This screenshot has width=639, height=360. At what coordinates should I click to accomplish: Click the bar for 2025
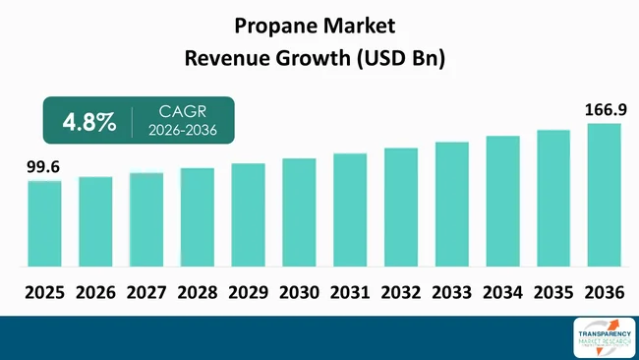pyautogui.click(x=44, y=223)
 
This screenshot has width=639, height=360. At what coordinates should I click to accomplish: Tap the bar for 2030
pyautogui.click(x=299, y=212)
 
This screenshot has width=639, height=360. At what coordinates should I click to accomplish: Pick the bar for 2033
pyautogui.click(x=451, y=204)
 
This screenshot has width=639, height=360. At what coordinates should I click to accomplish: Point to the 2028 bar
pyautogui.click(x=197, y=217)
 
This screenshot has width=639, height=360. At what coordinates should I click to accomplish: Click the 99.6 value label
pyautogui.click(x=43, y=168)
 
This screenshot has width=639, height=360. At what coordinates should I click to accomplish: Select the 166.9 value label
pyautogui.click(x=603, y=109)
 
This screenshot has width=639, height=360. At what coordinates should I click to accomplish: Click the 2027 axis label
pyautogui.click(x=146, y=292)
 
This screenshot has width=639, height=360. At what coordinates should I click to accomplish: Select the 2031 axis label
pyautogui.click(x=350, y=292)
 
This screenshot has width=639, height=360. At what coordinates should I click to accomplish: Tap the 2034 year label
pyautogui.click(x=502, y=292)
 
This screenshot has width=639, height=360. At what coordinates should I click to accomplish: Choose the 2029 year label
pyautogui.click(x=248, y=292)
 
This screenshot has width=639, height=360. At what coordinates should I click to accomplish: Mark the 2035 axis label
pyautogui.click(x=553, y=292)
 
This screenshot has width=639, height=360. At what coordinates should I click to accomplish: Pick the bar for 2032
pyautogui.click(x=400, y=207)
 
